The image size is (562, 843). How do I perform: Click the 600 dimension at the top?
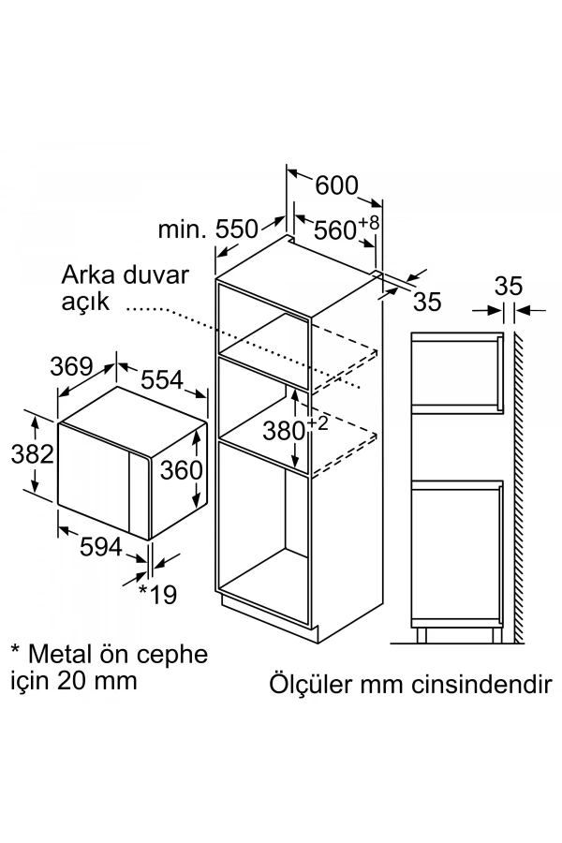coord(336,185)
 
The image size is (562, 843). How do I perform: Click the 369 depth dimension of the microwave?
coord(73,366)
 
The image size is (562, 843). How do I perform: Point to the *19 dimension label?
coord(158,593)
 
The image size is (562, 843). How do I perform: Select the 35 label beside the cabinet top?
coord(426,302)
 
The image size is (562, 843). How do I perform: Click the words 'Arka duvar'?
coord(126,275)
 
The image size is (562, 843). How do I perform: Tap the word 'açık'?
coord(86,303)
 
